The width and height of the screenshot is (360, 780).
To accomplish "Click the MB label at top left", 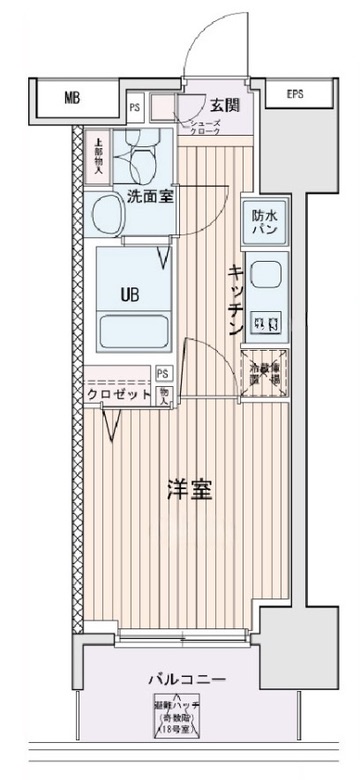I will (71, 98).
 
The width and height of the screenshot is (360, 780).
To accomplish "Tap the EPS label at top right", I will (295, 95).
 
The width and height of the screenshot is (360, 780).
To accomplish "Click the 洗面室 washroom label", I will (148, 197).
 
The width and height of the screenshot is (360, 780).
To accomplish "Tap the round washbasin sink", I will (105, 213).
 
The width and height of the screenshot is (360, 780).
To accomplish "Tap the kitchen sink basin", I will (265, 276).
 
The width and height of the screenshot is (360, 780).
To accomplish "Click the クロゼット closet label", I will (119, 395).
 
